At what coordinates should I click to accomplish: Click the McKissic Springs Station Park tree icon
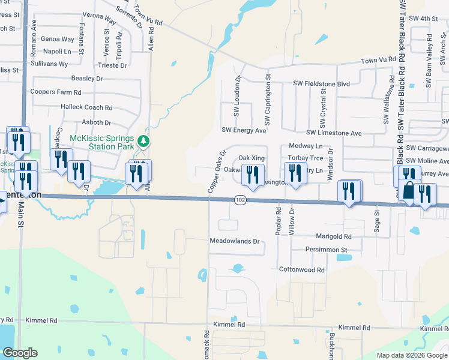coord(143,142)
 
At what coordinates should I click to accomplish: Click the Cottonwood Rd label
coord(301,270)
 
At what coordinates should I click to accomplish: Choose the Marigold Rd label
coord(331,237)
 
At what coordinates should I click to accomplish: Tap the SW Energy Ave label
coord(244,130)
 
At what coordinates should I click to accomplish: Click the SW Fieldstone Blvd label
coord(321,85)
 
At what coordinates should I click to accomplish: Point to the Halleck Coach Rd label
coord(86,107)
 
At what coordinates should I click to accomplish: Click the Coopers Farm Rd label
coord(55,92)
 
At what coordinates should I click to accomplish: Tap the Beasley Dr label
coord(87,79)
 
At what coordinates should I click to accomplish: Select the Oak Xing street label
coord(252,158)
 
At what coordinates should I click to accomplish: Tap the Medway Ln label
coord(306,146)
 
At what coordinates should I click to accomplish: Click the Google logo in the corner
coord(20,353)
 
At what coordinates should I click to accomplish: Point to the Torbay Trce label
coord(306,158)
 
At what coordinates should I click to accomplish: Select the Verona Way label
coord(101,17)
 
